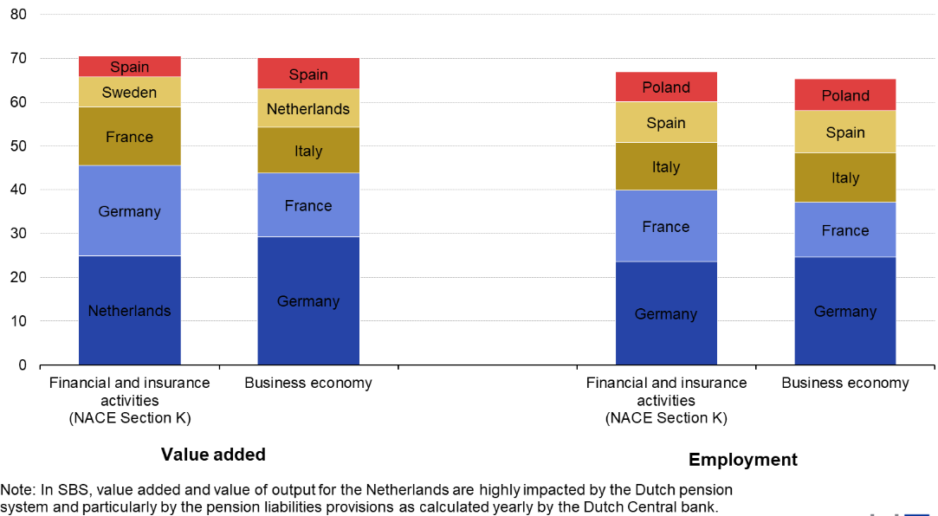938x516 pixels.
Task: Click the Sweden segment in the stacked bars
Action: pyautogui.click(x=129, y=92)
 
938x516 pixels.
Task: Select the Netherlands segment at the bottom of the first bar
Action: pyautogui.click(x=129, y=310)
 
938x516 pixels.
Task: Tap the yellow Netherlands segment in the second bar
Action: pyautogui.click(x=308, y=109)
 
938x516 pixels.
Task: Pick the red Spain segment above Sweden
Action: pyautogui.click(x=129, y=67)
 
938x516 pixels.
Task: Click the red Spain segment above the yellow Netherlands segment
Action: pyautogui.click(x=308, y=74)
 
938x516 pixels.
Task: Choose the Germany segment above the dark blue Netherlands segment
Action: pyautogui.click(x=129, y=211)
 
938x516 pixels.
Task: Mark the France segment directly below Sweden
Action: pyautogui.click(x=129, y=137)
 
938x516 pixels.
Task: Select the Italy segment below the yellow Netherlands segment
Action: pyautogui.click(x=308, y=151)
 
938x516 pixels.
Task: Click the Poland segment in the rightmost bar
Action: pyautogui.click(x=844, y=95)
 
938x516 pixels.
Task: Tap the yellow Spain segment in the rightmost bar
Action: pyautogui.click(x=844, y=132)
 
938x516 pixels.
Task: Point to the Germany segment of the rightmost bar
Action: pyautogui.click(x=844, y=311)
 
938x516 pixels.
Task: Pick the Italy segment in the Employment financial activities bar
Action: pyautogui.click(x=665, y=166)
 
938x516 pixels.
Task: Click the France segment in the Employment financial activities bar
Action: pyautogui.click(x=665, y=226)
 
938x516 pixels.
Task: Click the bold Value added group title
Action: pyautogui.click(x=213, y=455)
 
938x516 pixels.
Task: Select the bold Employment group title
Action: pyautogui.click(x=742, y=460)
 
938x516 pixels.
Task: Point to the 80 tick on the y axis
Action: pyautogui.click(x=18, y=15)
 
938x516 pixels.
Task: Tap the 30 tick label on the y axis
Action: pyautogui.click(x=18, y=234)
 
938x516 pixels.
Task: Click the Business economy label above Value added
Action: pyautogui.click(x=308, y=383)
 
